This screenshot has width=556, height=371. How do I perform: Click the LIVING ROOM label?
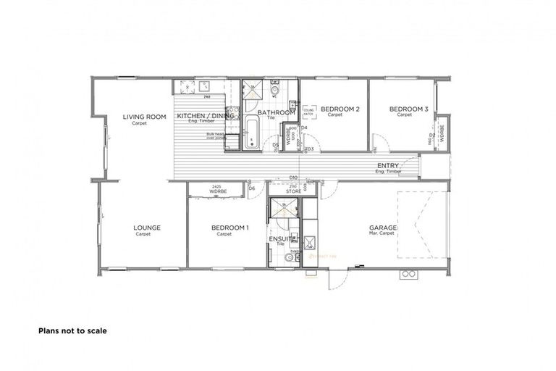(x=145, y=117)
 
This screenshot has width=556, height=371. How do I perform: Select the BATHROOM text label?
(x=277, y=113)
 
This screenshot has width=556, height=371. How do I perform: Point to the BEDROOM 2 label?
(x=340, y=109)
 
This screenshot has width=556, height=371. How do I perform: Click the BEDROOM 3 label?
(x=409, y=109)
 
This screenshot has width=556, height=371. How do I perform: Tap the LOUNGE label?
(x=147, y=228)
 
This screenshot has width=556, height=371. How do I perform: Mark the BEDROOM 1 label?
(x=229, y=228)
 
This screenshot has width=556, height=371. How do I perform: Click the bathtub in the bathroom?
(x=251, y=133)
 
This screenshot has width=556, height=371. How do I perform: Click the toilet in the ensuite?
(x=290, y=258)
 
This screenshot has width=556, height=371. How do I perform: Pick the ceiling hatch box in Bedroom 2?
(x=308, y=112)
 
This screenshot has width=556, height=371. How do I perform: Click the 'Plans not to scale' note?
(x=72, y=330)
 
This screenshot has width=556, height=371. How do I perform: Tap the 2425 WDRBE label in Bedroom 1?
(x=217, y=189)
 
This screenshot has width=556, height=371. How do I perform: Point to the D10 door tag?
(x=294, y=177)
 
